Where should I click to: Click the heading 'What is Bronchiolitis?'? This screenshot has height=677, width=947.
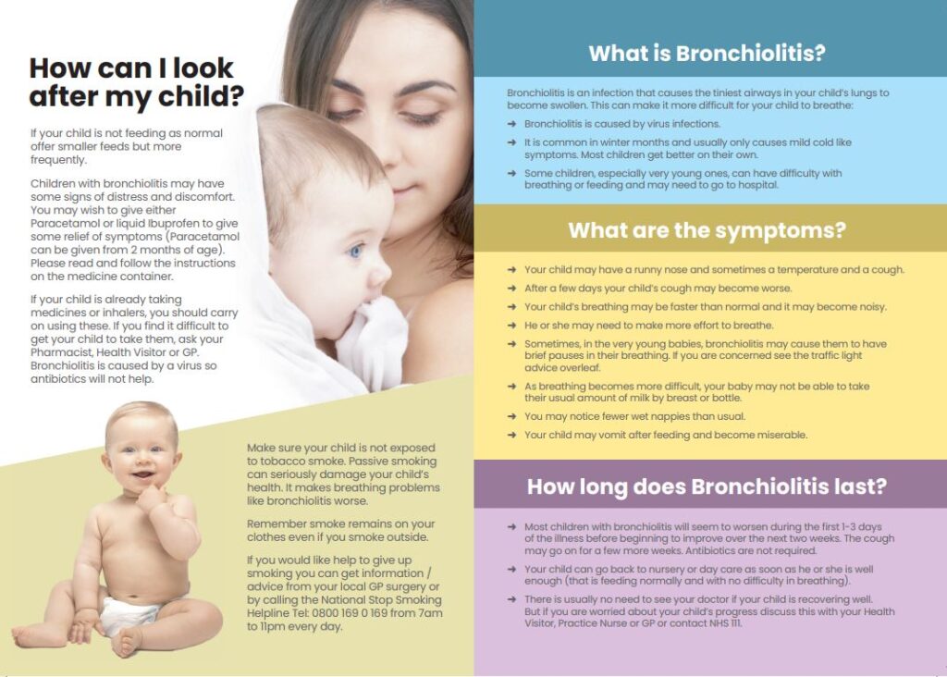(x=707, y=53)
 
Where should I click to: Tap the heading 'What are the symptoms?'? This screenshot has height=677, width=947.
(x=707, y=230)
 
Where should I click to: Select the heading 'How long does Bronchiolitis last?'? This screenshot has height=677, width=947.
(x=707, y=486)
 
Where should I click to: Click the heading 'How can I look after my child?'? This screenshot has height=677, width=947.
(x=137, y=81)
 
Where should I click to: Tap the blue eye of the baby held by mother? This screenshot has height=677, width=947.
(x=356, y=251)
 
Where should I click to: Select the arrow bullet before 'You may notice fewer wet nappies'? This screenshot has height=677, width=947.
(x=512, y=416)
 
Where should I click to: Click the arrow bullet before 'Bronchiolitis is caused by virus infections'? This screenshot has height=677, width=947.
(x=512, y=124)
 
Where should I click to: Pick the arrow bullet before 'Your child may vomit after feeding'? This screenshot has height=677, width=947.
(x=512, y=435)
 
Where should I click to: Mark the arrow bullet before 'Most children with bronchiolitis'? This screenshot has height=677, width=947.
(x=512, y=526)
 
